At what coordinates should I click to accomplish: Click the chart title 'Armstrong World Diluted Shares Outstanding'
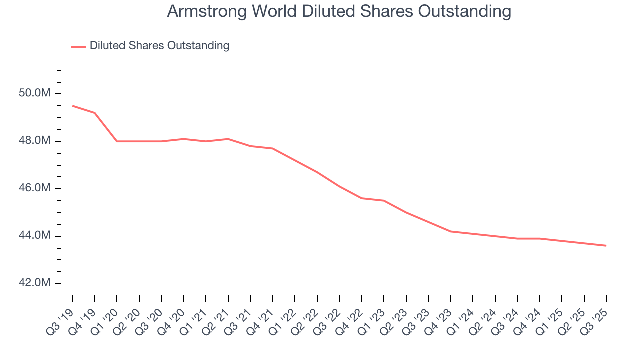point(339,12)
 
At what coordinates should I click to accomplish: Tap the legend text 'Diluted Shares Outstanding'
point(159,46)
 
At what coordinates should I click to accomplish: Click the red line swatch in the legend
point(78,46)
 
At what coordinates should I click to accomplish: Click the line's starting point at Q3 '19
point(72,106)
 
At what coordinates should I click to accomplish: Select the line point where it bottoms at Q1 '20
point(117,141)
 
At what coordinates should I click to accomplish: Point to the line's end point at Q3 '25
point(606,246)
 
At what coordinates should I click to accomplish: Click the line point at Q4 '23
point(451,231)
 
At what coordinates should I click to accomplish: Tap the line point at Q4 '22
point(362,198)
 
